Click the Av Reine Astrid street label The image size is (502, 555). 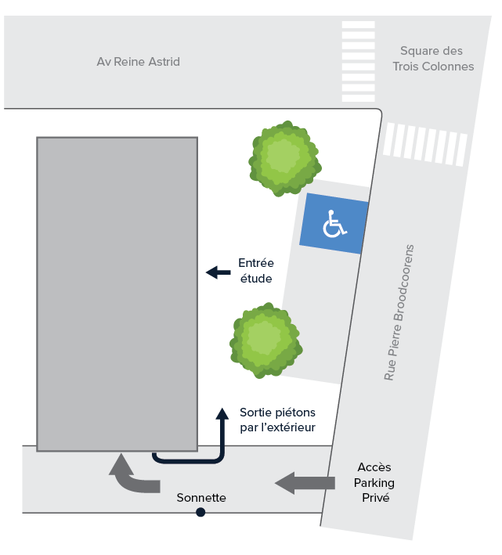pyautogui.click(x=138, y=62)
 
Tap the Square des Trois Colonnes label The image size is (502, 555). pyautogui.click(x=433, y=59)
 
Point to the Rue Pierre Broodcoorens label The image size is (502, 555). pyautogui.click(x=399, y=312)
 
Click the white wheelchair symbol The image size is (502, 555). pyautogui.click(x=334, y=223)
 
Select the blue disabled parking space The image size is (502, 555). pyautogui.click(x=334, y=223)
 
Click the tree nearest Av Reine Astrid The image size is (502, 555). pyautogui.click(x=284, y=158)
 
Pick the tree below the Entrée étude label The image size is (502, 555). pyautogui.click(x=265, y=341)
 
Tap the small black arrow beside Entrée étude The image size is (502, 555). pyautogui.click(x=218, y=272)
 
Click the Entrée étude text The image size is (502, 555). pyautogui.click(x=256, y=271)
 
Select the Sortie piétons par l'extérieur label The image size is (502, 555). pyautogui.click(x=277, y=420)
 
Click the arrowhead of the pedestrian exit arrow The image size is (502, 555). pyautogui.click(x=222, y=413)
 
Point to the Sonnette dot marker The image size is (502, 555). pyautogui.click(x=200, y=512)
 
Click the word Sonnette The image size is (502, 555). pyautogui.click(x=201, y=498)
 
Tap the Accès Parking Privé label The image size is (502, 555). pyautogui.click(x=374, y=482)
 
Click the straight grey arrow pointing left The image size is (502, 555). pyautogui.click(x=305, y=483)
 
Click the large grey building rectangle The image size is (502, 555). pyautogui.click(x=117, y=294)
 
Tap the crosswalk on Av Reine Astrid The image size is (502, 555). pyautogui.click(x=358, y=62)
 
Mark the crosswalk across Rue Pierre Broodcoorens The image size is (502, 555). pyautogui.click(x=425, y=144)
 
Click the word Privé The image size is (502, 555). pyautogui.click(x=376, y=498)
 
